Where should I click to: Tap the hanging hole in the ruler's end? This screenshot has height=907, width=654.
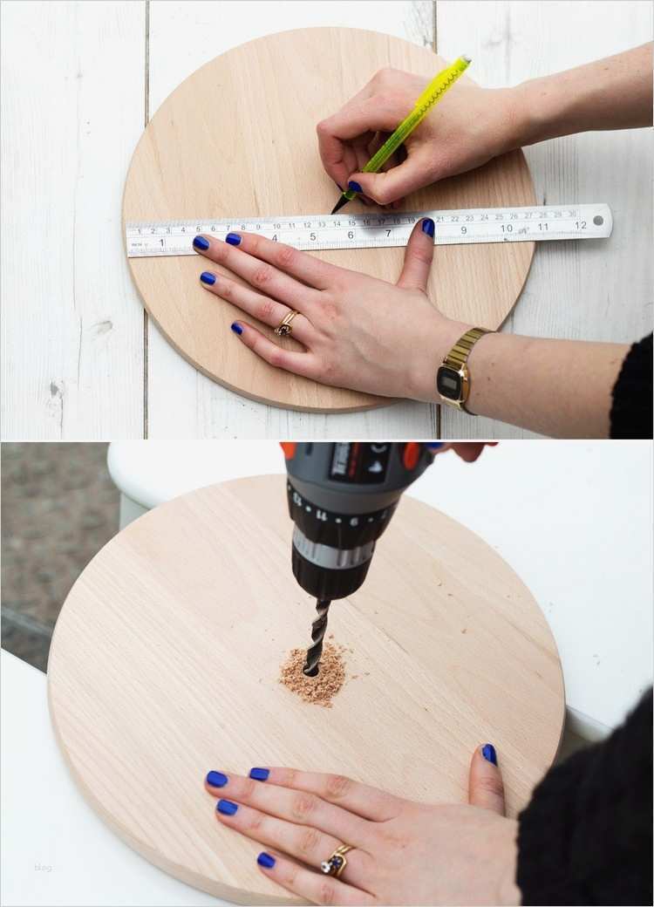(x=599, y=221)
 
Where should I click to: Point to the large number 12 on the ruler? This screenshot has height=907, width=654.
(x=580, y=225)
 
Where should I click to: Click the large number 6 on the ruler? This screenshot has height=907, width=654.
(x=351, y=234)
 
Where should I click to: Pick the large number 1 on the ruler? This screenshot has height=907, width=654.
(x=161, y=242)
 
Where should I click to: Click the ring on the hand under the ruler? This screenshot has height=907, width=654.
(x=286, y=324)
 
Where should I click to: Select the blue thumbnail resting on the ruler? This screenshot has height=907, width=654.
(x=428, y=228)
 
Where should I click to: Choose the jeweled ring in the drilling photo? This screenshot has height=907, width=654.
(x=336, y=862)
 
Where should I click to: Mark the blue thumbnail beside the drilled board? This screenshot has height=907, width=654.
(x=489, y=755)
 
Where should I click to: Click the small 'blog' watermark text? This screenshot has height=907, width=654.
(x=43, y=867)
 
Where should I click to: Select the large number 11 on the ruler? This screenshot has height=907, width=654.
(x=542, y=227)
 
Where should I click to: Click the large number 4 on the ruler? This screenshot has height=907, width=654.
(x=274, y=236)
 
